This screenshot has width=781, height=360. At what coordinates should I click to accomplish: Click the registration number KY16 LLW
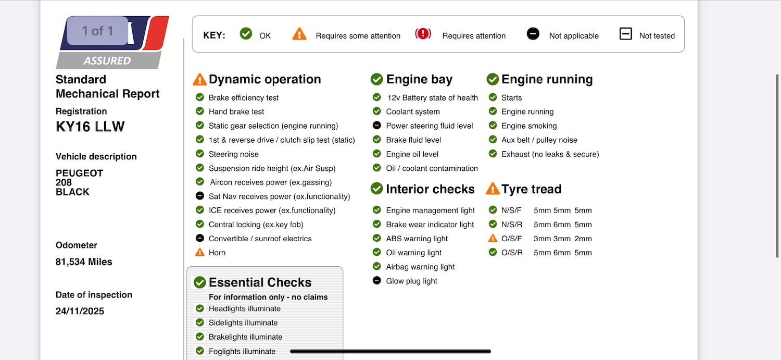point(90,127)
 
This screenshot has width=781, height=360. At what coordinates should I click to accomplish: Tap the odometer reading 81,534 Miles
point(84,262)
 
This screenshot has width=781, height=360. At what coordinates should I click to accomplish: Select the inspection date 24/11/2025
point(80,312)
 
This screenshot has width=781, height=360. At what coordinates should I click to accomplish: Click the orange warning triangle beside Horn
point(199,253)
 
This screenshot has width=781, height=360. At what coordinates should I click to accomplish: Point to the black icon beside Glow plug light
point(377,281)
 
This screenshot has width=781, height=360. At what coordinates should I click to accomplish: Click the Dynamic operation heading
point(264,79)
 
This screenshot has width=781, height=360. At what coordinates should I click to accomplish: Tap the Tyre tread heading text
point(531,189)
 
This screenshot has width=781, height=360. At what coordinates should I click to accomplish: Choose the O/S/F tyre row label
point(512,239)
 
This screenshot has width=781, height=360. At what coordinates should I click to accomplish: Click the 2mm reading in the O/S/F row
point(583,239)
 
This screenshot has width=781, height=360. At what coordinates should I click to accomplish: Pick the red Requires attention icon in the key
point(423,34)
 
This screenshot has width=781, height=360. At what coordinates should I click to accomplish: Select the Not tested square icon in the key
point(625,34)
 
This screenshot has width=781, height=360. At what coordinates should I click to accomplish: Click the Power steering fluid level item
point(430,126)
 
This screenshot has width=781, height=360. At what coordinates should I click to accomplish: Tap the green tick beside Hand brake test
point(199,111)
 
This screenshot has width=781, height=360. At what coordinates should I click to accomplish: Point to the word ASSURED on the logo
point(107,61)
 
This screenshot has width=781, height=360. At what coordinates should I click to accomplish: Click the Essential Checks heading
point(260,282)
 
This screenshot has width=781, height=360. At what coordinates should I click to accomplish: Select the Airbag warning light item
point(420,267)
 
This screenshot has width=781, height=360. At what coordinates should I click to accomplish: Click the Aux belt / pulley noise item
point(539,140)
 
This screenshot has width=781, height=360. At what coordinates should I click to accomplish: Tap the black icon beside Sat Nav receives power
point(199,196)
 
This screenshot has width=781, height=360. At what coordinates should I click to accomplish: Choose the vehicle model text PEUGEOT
point(80,173)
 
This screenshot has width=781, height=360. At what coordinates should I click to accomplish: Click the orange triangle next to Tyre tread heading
point(493,189)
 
